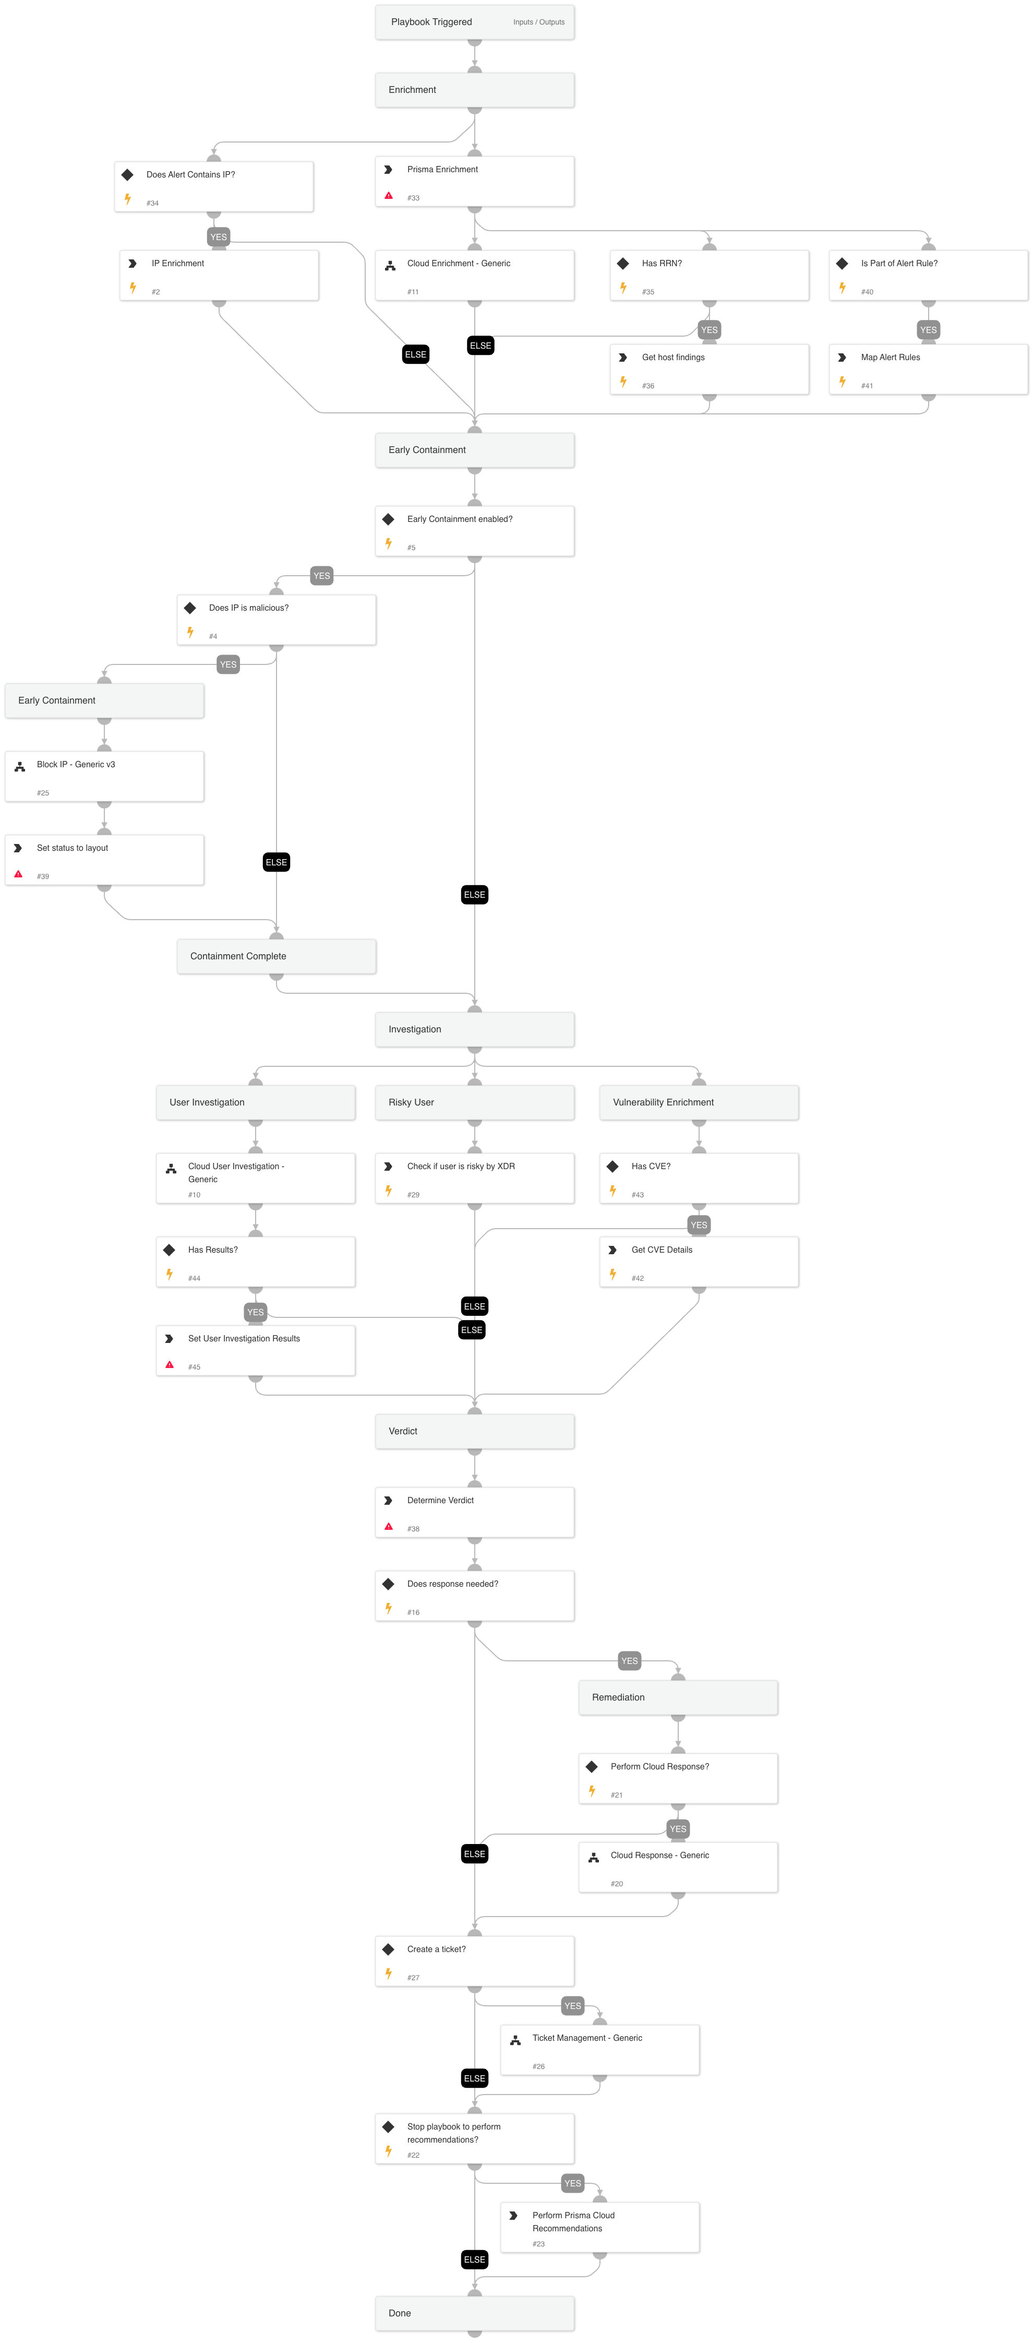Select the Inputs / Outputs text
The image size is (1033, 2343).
[538, 22]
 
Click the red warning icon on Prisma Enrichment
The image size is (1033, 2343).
[388, 196]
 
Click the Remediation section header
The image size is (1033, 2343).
[678, 1697]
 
